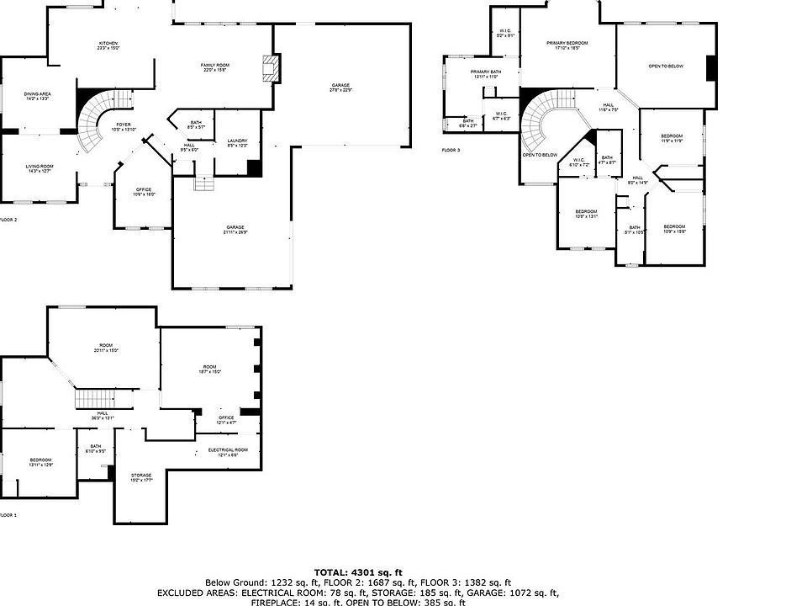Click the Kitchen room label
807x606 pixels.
coord(108,45)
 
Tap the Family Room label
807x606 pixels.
coord(215,67)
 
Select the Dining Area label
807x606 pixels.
coord(37,97)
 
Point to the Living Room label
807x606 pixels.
coord(39,169)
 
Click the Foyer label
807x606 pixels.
coord(124,127)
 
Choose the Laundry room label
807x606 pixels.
coord(237,143)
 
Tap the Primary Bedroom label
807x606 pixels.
coord(567,45)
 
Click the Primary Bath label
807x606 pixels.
coord(486,74)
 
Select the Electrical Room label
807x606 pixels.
coord(228,452)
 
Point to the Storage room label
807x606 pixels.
coord(141,478)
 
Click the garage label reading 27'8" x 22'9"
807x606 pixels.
coord(340,88)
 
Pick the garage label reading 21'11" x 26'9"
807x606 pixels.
coord(235,230)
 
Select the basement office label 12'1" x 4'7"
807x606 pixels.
coord(226,419)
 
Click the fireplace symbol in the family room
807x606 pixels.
coord(271,69)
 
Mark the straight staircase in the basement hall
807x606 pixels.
coord(94,399)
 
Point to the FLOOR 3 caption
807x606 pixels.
coord(451,150)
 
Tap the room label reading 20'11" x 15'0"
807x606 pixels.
coord(106,348)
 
